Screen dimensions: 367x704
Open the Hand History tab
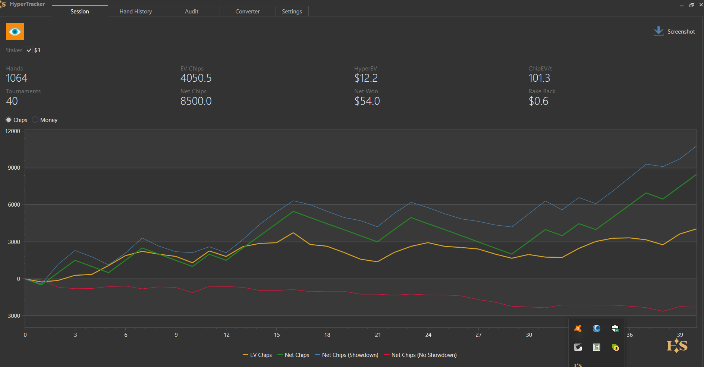pos(136,12)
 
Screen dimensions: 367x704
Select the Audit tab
pos(192,12)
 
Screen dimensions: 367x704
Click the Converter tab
pos(247,12)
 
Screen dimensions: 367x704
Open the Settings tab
pos(292,12)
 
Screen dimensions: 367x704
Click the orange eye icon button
pos(15,32)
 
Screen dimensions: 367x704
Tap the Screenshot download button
pos(674,31)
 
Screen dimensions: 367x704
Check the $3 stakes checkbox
pos(29,50)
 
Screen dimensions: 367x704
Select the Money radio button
pos(35,120)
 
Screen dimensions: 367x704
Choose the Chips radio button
pos(9,120)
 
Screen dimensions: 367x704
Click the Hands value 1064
pos(17,78)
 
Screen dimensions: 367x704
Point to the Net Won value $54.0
pos(367,101)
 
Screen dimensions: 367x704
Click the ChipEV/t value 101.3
pos(539,78)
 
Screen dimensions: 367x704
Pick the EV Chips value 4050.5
pos(196,78)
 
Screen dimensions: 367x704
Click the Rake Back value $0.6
pos(538,101)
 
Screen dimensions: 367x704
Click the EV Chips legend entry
pos(257,355)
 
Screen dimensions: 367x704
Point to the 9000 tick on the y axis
pos(14,168)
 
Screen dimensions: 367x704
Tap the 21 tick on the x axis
pos(378,335)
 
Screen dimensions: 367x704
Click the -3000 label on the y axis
pos(13,316)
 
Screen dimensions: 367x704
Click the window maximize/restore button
pos(692,5)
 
